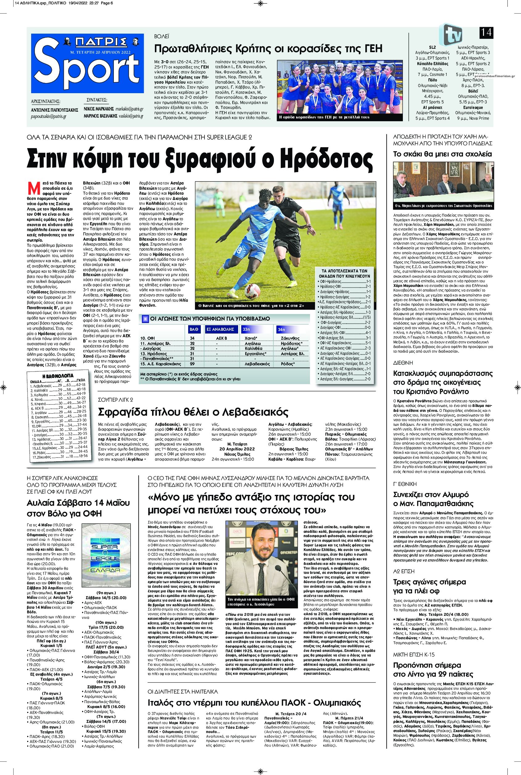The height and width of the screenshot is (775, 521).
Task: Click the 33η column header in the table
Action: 246,329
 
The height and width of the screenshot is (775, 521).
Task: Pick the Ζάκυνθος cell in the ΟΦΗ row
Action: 288,338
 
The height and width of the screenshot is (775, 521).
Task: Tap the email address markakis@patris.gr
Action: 130,109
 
